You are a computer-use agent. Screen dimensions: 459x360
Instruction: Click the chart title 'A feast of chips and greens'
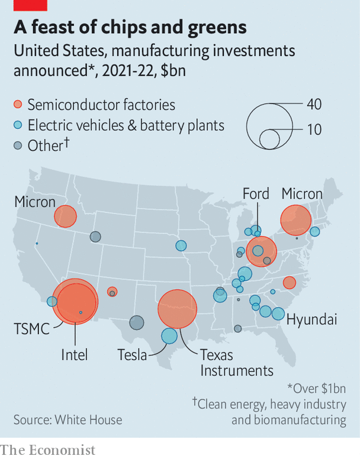(x=130, y=28)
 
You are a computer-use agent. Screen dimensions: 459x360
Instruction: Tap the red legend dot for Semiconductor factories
(x=18, y=105)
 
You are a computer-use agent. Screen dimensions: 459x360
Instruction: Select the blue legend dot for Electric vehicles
(x=18, y=125)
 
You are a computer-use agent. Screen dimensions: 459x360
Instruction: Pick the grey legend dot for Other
(x=18, y=146)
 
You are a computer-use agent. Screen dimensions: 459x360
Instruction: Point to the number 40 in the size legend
(x=314, y=104)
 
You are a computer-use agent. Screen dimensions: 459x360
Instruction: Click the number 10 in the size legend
(x=314, y=129)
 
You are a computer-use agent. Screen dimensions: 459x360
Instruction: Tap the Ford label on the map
(x=256, y=193)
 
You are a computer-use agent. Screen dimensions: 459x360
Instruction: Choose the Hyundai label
(x=311, y=320)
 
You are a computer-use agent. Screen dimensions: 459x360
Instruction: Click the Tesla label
(x=132, y=355)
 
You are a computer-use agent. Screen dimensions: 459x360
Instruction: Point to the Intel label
(x=75, y=355)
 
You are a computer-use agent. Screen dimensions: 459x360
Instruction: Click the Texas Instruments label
(x=236, y=363)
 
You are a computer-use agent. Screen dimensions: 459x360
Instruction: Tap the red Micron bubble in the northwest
(x=65, y=216)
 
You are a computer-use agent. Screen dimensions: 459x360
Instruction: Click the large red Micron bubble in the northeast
(x=295, y=220)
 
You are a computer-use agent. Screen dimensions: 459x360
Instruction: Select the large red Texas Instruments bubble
(x=177, y=309)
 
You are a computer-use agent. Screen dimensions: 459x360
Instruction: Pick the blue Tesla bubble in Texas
(x=169, y=336)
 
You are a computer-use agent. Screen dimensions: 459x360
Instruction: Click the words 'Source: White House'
(x=68, y=420)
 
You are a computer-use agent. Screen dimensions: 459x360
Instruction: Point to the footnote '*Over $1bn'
(x=316, y=389)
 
